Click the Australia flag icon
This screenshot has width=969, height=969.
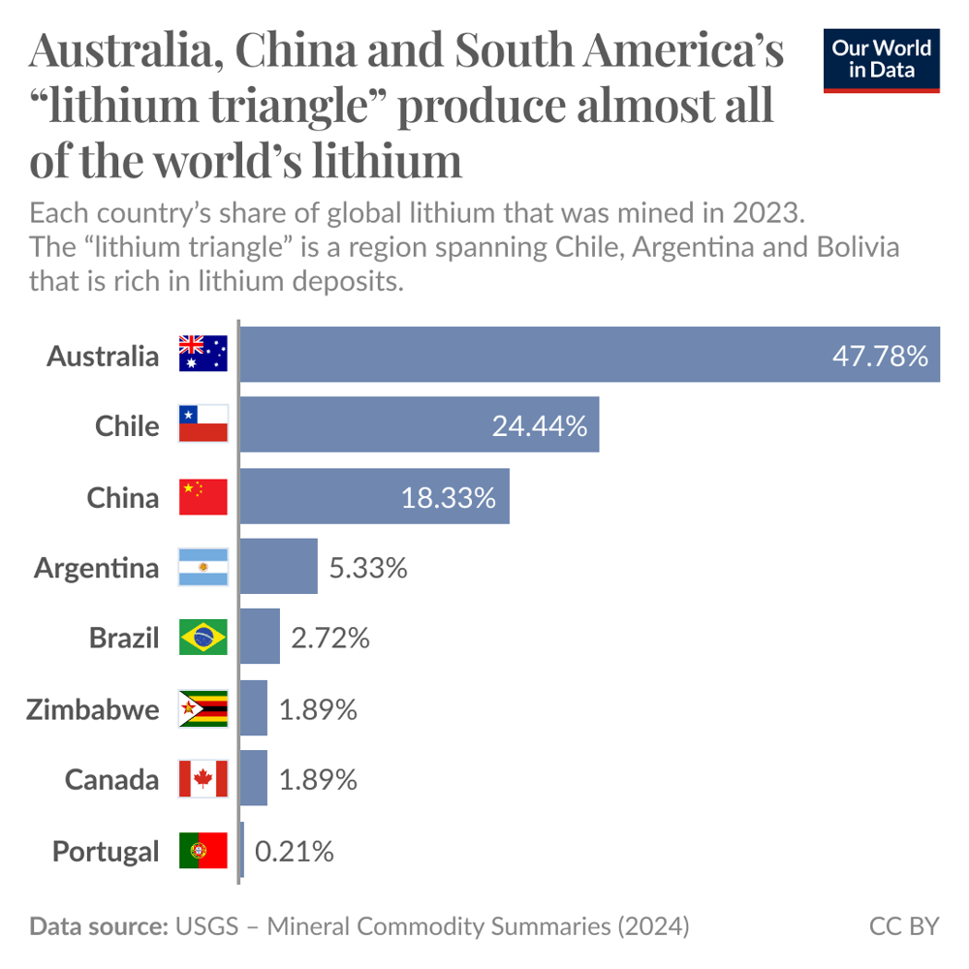click(203, 355)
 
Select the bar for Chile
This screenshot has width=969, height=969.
click(419, 424)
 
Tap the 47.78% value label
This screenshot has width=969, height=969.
click(880, 356)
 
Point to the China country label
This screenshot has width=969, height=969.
click(122, 497)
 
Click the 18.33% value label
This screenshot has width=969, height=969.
click(449, 498)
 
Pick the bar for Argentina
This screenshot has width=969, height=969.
click(278, 567)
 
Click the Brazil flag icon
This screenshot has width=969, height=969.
click(203, 638)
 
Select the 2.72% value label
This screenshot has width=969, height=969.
click(330, 638)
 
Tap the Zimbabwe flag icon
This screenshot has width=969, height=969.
click(203, 709)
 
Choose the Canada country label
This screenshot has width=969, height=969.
click(111, 779)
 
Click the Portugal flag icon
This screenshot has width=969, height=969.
click(203, 851)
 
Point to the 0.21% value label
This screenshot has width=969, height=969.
click(295, 851)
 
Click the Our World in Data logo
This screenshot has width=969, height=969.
click(881, 60)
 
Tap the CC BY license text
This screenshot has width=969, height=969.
click(903, 926)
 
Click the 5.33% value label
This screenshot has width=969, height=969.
click(368, 568)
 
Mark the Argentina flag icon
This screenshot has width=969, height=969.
click(203, 567)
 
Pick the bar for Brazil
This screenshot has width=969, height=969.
click(260, 637)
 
